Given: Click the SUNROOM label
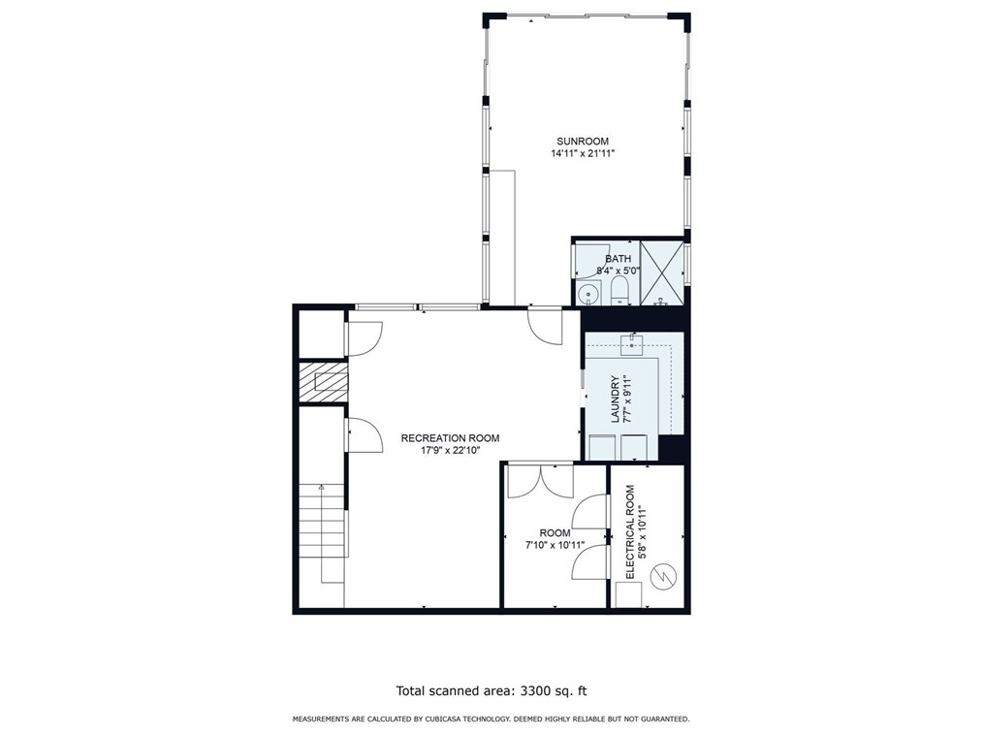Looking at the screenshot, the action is pos(583,142).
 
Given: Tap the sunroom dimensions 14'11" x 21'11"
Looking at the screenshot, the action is pos(583,153).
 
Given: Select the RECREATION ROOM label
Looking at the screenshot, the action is pos(450,438).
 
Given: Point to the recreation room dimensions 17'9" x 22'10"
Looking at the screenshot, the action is pos(450,450).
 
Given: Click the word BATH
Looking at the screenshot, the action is pos(618,259).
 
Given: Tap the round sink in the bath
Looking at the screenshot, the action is pos(588,294).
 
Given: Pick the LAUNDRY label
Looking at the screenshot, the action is pos(615,399).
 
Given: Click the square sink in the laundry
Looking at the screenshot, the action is pos(632,344).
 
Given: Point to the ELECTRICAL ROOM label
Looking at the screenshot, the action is pos(630,531).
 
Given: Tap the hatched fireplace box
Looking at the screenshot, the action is pos(323,382).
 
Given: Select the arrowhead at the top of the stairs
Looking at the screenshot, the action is pos(322,487).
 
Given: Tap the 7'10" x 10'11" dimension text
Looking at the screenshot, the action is pos(555,545).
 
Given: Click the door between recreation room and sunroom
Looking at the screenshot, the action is pos(545,325).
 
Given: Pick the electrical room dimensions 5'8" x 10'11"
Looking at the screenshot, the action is pos(642,531).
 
